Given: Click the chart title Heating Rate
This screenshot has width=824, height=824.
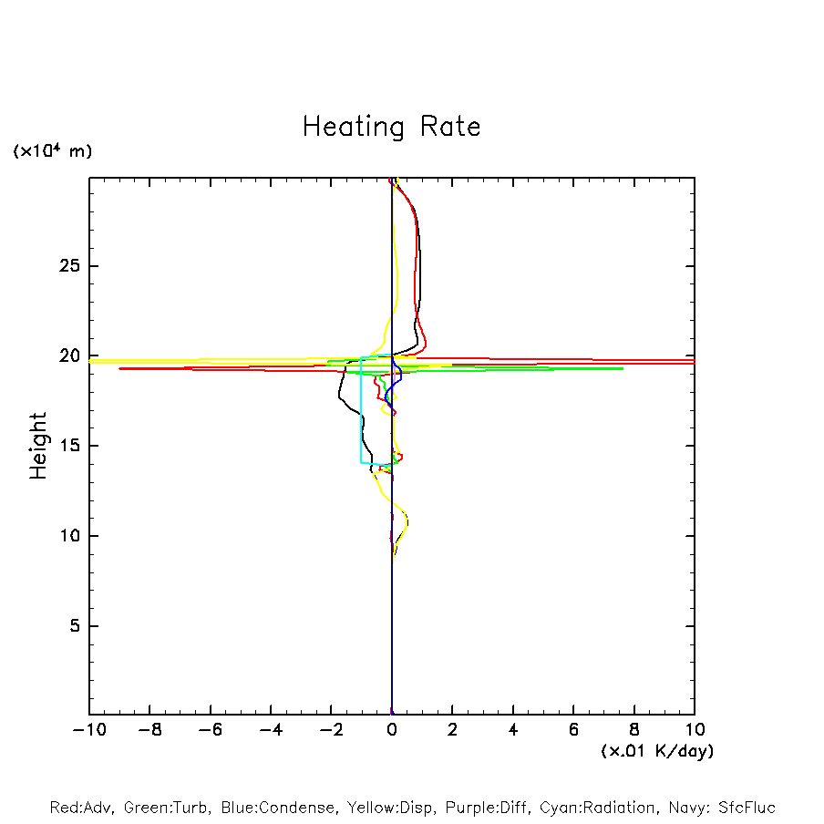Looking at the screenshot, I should [391, 127].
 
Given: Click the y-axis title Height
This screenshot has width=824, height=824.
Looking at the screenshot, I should [38, 445].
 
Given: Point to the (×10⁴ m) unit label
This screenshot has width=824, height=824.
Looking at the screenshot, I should [52, 151].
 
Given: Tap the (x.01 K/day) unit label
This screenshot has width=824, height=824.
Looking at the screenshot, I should [656, 751].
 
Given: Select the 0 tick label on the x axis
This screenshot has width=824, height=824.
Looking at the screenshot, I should [392, 730].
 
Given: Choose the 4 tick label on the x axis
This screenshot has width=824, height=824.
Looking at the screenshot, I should [513, 730].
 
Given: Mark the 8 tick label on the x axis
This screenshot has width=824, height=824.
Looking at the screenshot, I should [634, 730].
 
